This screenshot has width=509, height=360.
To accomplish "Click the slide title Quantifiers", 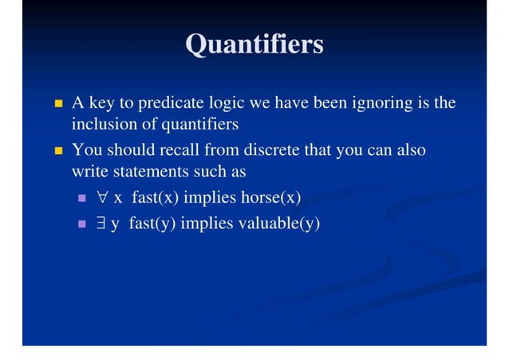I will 254,44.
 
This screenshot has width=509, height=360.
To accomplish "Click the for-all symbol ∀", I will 102,197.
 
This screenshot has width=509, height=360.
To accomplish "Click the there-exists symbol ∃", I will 101,224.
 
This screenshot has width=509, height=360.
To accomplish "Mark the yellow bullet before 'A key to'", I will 57,105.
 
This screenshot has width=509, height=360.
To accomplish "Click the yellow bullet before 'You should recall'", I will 57,151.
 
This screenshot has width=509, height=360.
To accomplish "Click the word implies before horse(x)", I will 210,197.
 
